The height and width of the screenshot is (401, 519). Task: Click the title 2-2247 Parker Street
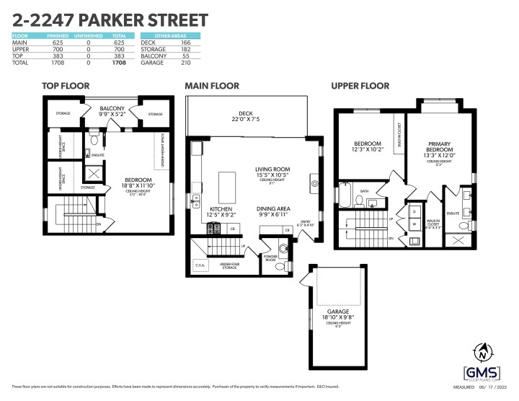[110, 19]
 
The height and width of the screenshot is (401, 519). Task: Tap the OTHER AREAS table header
[170, 35]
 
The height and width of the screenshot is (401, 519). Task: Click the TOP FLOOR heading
[66, 86]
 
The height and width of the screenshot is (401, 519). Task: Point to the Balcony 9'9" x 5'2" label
[112, 111]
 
